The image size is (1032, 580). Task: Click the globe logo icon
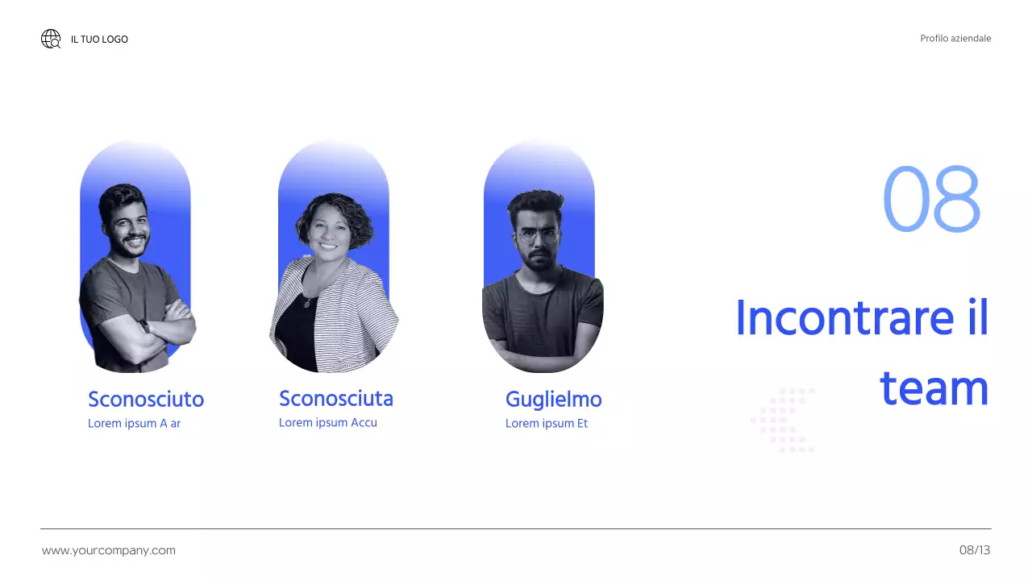pyautogui.click(x=51, y=39)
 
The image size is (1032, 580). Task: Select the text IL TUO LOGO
pyautogui.click(x=99, y=39)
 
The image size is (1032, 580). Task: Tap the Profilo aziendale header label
pyautogui.click(x=955, y=39)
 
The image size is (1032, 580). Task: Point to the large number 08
pyautogui.click(x=931, y=199)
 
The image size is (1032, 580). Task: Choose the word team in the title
pyautogui.click(x=934, y=388)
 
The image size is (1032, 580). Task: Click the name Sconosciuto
pyautogui.click(x=146, y=400)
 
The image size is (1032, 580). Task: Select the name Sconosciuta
pyautogui.click(x=336, y=399)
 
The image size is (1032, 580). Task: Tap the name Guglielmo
pyautogui.click(x=553, y=400)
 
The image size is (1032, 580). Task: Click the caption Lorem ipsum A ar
pyautogui.click(x=134, y=424)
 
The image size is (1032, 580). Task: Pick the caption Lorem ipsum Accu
pyautogui.click(x=328, y=423)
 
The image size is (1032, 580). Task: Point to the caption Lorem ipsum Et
pyautogui.click(x=547, y=424)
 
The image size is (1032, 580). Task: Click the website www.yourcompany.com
pyautogui.click(x=109, y=551)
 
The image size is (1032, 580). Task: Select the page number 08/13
pyautogui.click(x=975, y=551)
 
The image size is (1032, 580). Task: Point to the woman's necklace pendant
pyautogui.click(x=306, y=303)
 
